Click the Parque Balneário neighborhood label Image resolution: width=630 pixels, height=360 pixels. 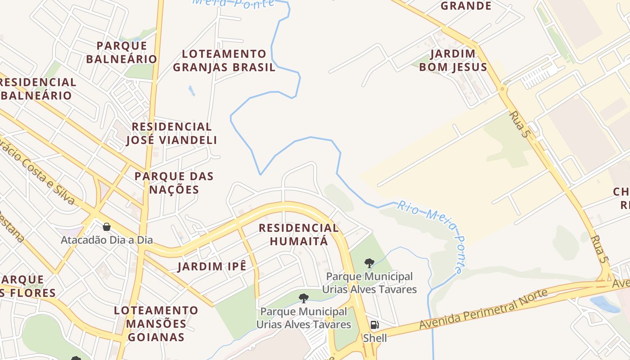point(121,52)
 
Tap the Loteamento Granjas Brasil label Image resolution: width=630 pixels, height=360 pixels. point(224,61)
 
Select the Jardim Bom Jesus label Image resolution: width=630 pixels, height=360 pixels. point(453,60)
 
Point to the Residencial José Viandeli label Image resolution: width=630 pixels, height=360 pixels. point(171,133)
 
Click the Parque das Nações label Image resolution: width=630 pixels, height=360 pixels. point(174,183)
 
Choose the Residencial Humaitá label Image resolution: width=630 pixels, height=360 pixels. point(299,234)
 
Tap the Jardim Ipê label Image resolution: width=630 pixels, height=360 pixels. point(212,266)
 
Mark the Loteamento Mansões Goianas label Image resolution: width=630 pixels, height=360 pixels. point(156,324)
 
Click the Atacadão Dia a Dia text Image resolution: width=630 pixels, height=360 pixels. point(107,240)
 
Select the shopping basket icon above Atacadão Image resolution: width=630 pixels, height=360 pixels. point(107,227)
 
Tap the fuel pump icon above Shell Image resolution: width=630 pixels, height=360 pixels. point(374,325)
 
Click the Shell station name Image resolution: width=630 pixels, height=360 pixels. point(375,337)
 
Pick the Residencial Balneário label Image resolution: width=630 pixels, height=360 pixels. point(38,89)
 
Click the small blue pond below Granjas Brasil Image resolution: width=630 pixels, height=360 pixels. point(192,90)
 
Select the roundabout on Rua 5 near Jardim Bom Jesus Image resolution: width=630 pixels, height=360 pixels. point(502,89)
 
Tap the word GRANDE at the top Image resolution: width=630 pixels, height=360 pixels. point(466,6)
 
